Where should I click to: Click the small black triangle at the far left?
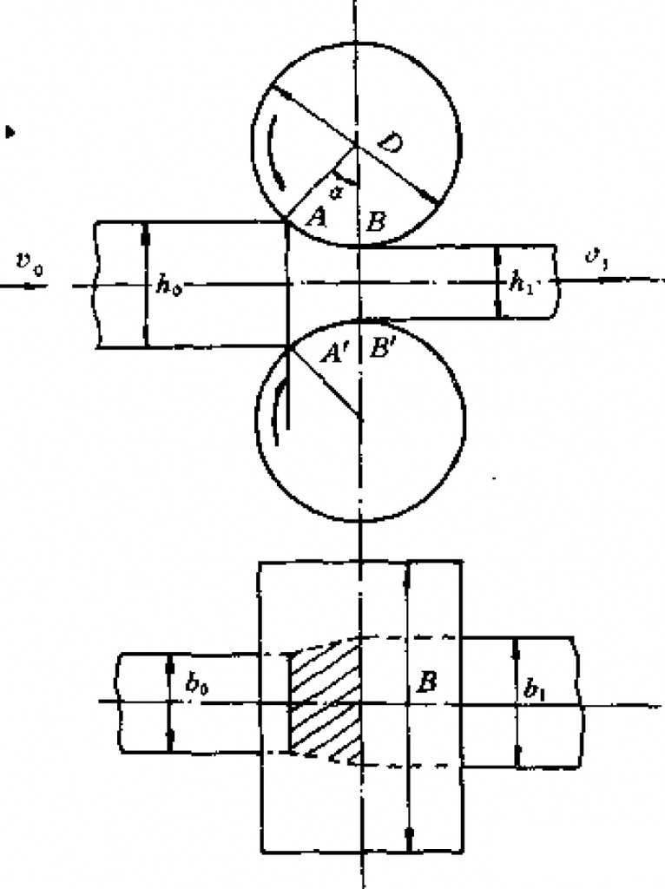[10, 132]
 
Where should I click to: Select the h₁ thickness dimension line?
[497, 282]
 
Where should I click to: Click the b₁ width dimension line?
[517, 703]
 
